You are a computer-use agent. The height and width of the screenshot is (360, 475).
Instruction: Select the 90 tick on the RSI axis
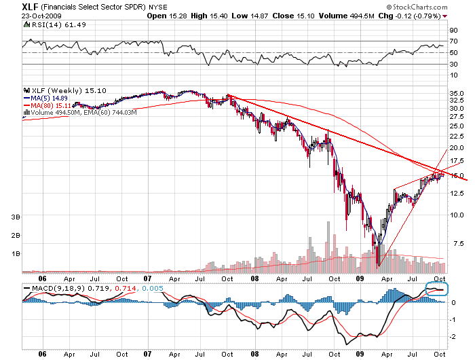453,30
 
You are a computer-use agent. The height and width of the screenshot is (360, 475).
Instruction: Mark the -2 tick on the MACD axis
453,337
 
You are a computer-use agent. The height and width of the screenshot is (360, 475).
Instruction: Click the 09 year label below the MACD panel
360,353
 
